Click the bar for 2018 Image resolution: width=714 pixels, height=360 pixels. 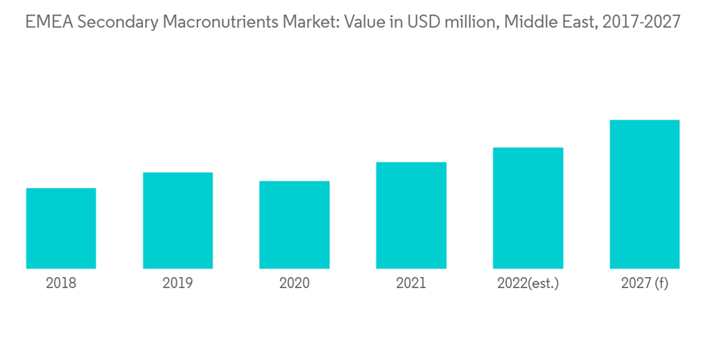61,229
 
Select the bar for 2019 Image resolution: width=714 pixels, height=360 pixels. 178,221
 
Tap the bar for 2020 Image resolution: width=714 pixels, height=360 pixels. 294,225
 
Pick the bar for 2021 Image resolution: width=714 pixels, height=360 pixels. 411,216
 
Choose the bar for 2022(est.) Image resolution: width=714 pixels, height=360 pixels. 528,208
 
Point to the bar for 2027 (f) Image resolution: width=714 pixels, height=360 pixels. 644,194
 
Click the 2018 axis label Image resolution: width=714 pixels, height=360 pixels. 61,284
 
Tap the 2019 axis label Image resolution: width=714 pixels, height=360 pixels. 178,284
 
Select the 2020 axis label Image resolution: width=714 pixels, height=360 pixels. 294,284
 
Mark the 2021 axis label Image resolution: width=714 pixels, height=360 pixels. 411,284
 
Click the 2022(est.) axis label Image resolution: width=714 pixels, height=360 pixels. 528,284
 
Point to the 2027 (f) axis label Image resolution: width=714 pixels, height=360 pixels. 644,284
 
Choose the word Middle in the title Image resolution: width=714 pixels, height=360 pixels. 527,23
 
